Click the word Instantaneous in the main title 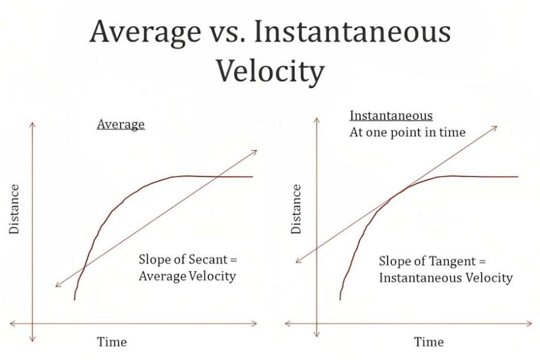(x=352, y=32)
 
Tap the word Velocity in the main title (x=269, y=70)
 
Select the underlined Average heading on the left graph (x=121, y=125)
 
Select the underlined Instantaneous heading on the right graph (x=391, y=116)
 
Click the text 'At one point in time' (x=407, y=133)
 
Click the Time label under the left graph (x=112, y=342)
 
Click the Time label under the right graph (x=428, y=342)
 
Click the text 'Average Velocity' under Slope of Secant (x=187, y=277)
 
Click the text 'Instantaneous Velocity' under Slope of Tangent (x=445, y=278)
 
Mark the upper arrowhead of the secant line (x=254, y=151)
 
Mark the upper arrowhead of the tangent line (x=494, y=127)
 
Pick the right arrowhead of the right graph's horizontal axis (x=529, y=323)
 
